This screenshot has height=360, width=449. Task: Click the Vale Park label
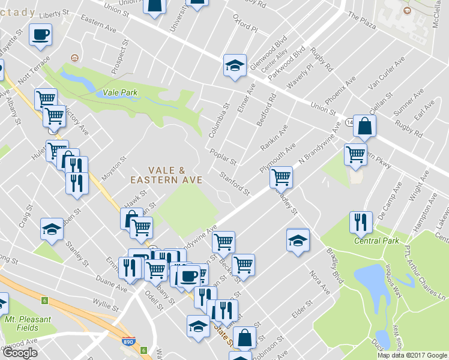[x=120, y=92]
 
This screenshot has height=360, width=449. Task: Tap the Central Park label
[x=376, y=241]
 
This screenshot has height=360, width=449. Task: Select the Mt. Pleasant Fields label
[x=27, y=323]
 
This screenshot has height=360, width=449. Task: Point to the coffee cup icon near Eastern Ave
[x=41, y=34]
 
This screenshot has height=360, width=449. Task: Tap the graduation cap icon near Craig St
[x=52, y=229]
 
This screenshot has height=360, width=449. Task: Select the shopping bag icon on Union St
[x=364, y=126]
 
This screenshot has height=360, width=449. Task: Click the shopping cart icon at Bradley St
[x=281, y=177]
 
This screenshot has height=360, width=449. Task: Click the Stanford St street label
[x=234, y=184]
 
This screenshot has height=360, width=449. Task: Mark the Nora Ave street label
[x=319, y=282]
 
